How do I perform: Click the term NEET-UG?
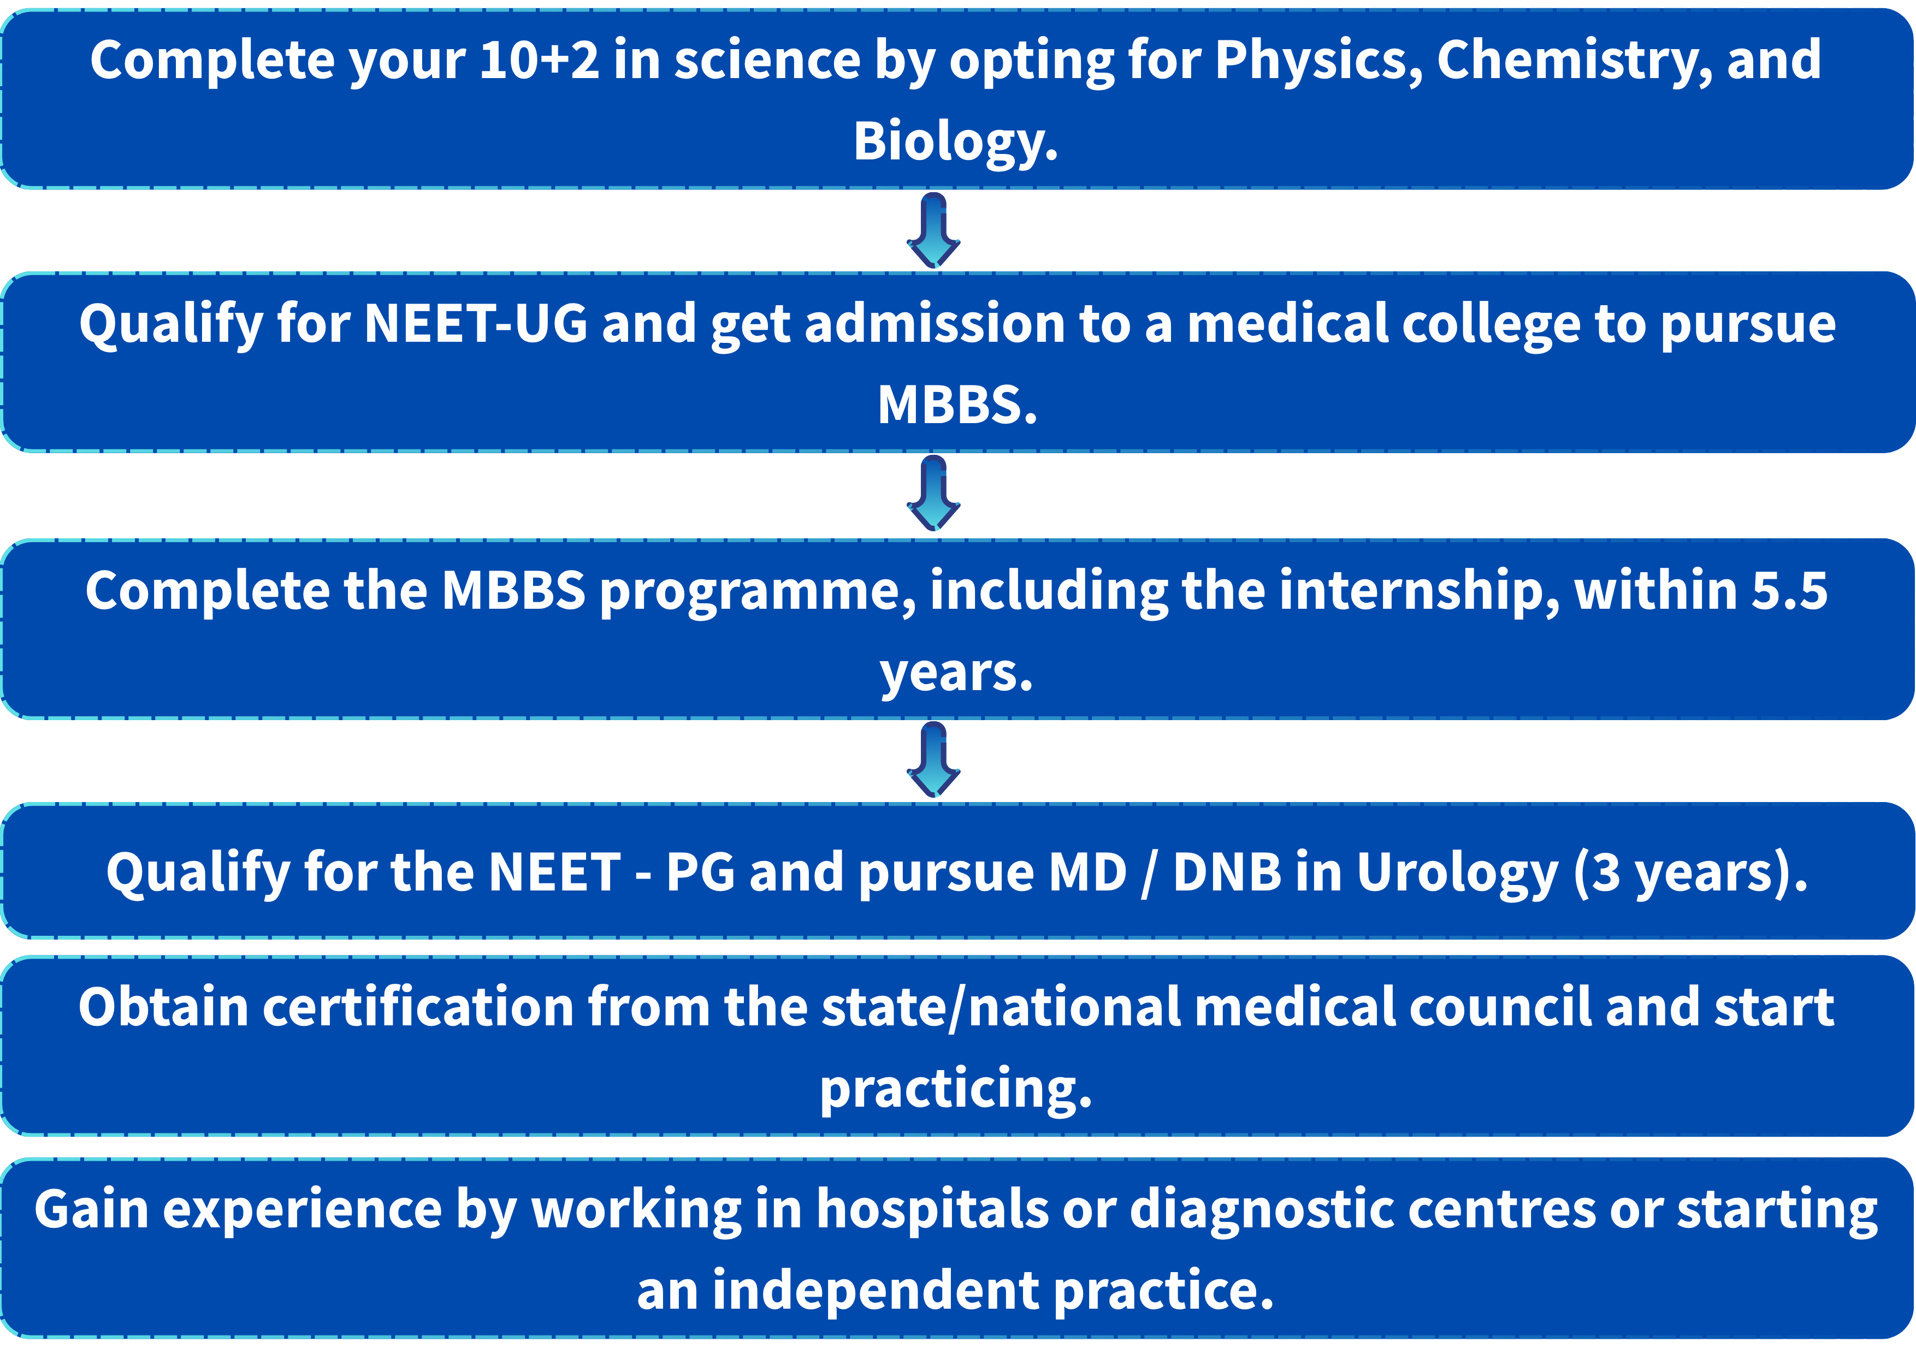(x=476, y=324)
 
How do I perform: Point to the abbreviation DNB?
(x=1228, y=872)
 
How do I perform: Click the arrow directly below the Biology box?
(x=934, y=230)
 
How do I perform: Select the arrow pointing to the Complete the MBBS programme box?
(x=934, y=493)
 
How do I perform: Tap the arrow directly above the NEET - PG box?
(x=934, y=759)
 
